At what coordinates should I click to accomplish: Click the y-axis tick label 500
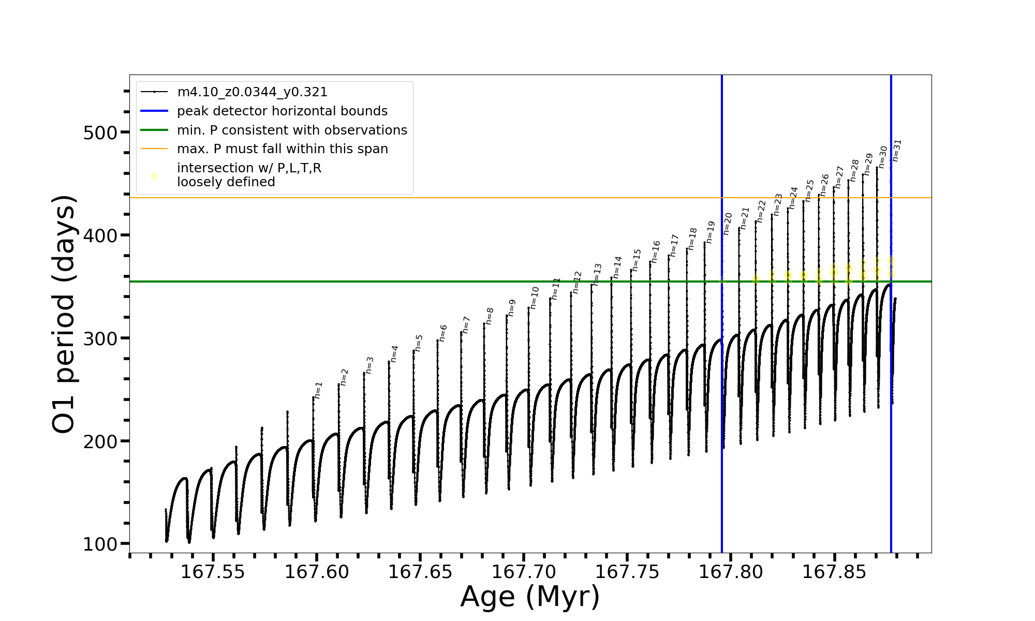click(100, 132)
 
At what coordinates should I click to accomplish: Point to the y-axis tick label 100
click(100, 544)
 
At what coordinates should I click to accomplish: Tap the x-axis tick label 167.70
click(524, 572)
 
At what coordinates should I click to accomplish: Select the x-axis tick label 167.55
click(213, 572)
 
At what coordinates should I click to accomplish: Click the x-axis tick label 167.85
click(834, 572)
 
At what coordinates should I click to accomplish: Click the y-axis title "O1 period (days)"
click(65, 314)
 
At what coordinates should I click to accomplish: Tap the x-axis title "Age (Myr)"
click(530, 597)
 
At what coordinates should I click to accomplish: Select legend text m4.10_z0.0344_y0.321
click(252, 92)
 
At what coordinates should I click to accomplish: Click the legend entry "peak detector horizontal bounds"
click(282, 111)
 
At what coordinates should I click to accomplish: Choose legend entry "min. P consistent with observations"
click(292, 130)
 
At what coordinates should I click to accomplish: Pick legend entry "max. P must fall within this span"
click(282, 149)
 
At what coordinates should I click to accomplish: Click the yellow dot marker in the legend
click(154, 176)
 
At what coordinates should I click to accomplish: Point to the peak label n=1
click(318, 390)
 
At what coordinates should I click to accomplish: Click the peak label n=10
click(535, 298)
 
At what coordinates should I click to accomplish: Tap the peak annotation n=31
click(897, 150)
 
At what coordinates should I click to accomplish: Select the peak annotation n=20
click(728, 224)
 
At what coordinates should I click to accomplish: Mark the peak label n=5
click(419, 343)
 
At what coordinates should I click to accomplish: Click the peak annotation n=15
click(637, 260)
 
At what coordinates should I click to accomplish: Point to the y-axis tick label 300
click(100, 338)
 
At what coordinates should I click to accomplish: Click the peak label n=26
click(824, 185)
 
